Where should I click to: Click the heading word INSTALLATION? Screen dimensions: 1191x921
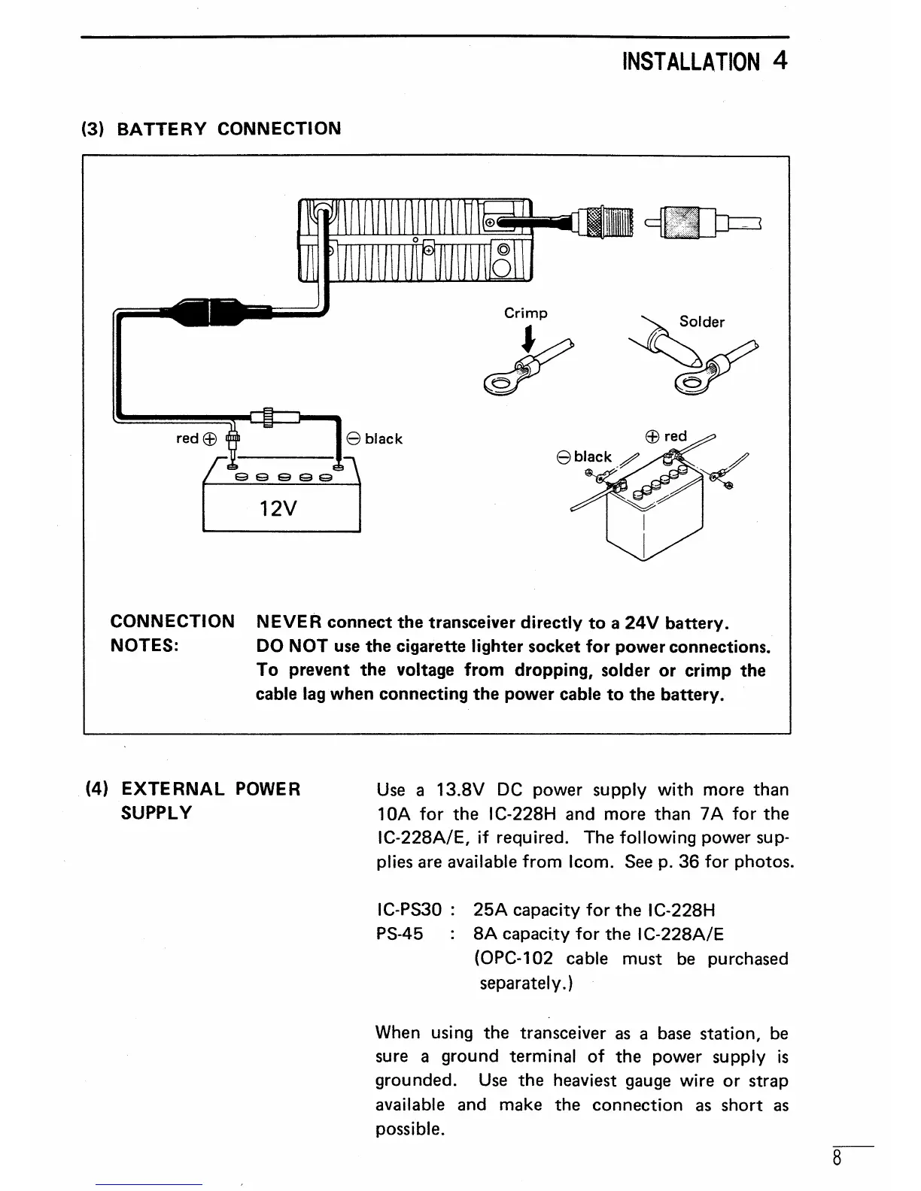coord(691,61)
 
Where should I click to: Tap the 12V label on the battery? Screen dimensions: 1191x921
coord(278,508)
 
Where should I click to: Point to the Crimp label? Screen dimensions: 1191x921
coord(526,313)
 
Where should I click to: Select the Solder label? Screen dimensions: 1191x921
coord(701,322)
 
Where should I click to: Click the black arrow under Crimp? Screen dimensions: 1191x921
coord(530,341)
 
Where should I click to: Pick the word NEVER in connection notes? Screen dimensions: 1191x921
coord(289,623)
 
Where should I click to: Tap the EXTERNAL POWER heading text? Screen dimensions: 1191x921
coord(211,789)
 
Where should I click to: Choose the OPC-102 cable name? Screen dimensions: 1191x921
coord(515,959)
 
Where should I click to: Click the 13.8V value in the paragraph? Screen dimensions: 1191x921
coord(460,789)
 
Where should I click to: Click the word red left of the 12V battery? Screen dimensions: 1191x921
coord(187,438)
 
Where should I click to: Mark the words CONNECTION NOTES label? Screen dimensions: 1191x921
coord(172,634)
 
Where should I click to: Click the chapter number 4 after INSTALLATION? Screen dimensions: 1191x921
coord(780,59)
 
